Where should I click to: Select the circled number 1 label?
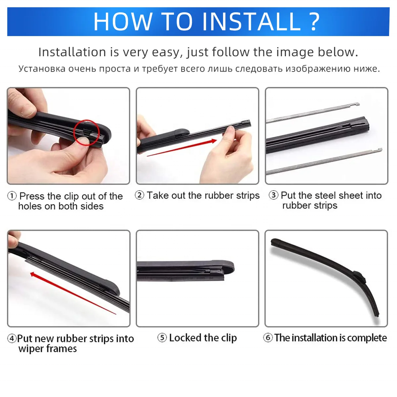click(12, 196)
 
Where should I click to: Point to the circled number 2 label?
click(139, 195)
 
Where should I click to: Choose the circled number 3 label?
click(273, 195)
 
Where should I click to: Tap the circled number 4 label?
click(12, 338)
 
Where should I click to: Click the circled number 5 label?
click(162, 337)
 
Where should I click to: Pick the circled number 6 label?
click(268, 337)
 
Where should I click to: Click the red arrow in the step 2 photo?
click(182, 148)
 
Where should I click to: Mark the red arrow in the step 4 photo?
click(73, 293)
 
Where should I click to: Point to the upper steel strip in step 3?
click(313, 112)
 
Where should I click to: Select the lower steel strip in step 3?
click(324, 162)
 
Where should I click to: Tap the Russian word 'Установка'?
click(42, 69)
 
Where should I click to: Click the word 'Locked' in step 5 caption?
click(185, 337)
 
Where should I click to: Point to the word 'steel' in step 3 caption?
click(325, 195)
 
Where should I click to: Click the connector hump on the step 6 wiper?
click(359, 277)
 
